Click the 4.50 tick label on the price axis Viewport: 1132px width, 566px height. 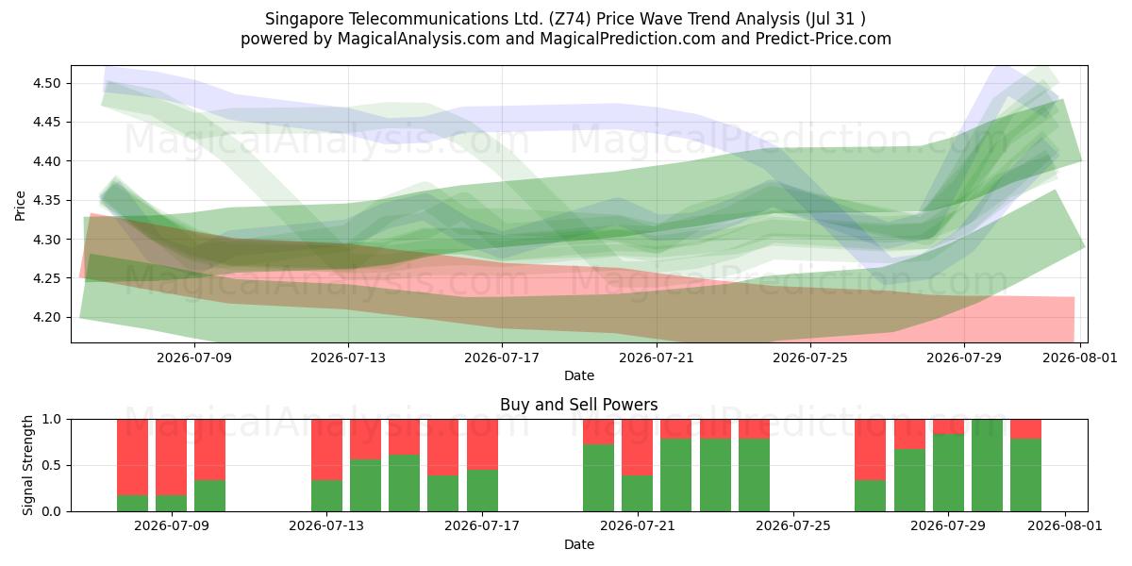[46, 83]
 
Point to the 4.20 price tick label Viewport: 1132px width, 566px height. [46, 317]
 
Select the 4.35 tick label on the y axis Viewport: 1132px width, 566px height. [46, 201]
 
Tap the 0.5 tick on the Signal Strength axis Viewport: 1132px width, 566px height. [51, 465]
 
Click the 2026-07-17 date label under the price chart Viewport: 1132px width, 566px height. [502, 358]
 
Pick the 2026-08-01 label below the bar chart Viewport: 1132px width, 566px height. [1065, 526]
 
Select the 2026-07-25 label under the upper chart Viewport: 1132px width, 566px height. [810, 358]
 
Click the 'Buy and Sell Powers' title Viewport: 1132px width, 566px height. [579, 405]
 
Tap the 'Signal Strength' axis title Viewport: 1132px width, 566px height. [27, 465]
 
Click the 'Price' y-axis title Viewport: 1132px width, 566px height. [20, 206]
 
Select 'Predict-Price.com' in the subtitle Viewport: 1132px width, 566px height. [824, 39]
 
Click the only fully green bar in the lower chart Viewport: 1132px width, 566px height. [987, 465]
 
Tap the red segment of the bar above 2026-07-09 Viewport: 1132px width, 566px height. [172, 458]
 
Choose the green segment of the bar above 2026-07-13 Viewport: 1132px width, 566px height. [326, 496]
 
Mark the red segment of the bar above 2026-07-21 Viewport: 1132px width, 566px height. [638, 447]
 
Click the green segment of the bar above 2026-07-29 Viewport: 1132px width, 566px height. [948, 473]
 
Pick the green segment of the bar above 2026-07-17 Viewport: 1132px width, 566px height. [482, 491]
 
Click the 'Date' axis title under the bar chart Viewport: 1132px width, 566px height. [579, 544]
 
